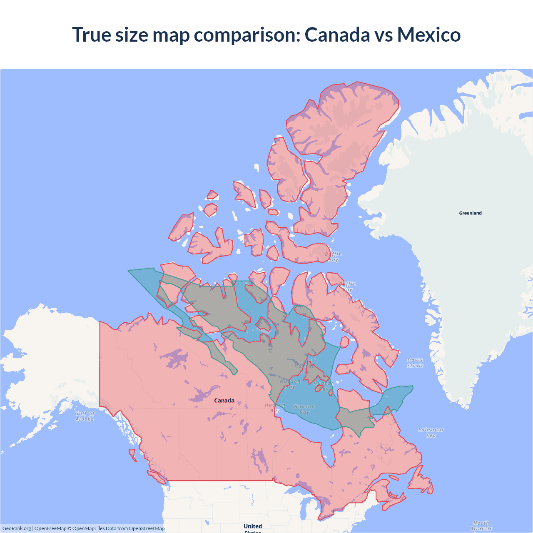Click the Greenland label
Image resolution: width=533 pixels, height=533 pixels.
(470, 213)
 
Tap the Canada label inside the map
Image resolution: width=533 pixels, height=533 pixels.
(224, 401)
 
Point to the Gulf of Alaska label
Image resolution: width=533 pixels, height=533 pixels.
(85, 416)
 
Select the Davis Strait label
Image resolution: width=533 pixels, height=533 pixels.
(415, 363)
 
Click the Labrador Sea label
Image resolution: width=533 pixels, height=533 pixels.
(431, 433)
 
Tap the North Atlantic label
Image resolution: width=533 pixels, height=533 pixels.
(481, 526)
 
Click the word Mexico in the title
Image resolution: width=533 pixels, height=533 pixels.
(429, 35)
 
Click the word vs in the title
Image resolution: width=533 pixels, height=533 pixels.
(384, 35)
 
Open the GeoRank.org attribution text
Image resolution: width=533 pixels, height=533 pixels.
(17, 528)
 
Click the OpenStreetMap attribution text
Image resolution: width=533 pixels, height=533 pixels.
(147, 528)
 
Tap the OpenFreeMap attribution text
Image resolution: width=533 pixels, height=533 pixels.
(50, 528)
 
